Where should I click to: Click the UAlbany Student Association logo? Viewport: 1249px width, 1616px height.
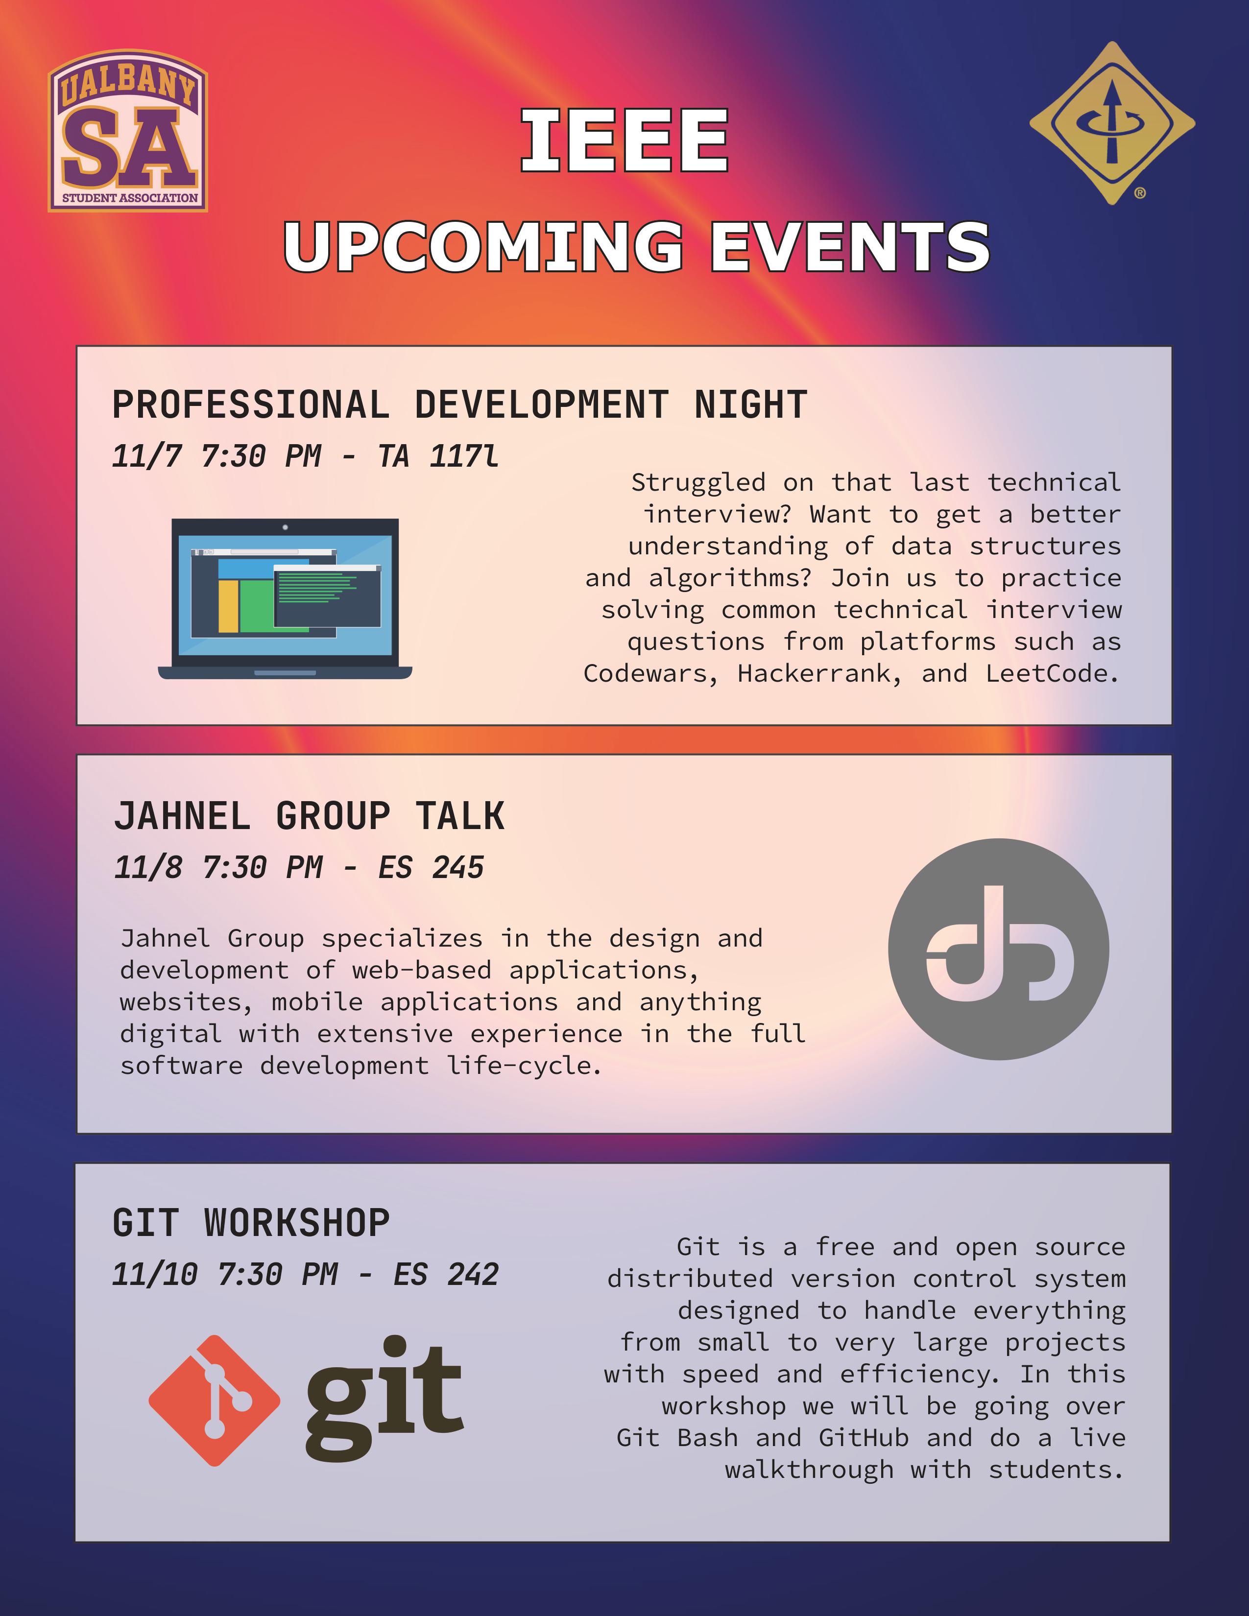128,131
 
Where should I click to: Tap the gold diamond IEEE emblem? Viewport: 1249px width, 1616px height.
1111,123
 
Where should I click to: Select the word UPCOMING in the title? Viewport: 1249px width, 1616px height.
483,246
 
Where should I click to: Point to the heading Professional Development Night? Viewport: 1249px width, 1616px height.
459,405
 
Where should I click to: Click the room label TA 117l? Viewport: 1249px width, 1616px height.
438,456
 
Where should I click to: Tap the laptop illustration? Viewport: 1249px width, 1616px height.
285,598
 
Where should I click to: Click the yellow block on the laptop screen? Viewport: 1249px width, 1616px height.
229,606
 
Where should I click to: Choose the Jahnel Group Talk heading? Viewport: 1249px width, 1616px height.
309,816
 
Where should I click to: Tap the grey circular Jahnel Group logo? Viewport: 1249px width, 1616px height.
998,950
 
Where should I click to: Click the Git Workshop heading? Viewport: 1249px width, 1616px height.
251,1223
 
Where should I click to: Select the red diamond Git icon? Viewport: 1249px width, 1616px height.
214,1401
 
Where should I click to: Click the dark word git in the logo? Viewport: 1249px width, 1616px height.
384,1401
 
